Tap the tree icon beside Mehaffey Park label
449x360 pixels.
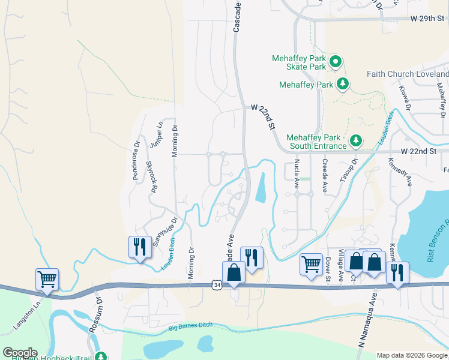pyautogui.click(x=343, y=84)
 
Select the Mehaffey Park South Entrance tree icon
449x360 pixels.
pyautogui.click(x=356, y=140)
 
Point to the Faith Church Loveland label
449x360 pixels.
pyautogui.click(x=408, y=74)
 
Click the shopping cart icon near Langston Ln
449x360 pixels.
pyautogui.click(x=47, y=278)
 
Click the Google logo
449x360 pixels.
pyautogui.click(x=20, y=352)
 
